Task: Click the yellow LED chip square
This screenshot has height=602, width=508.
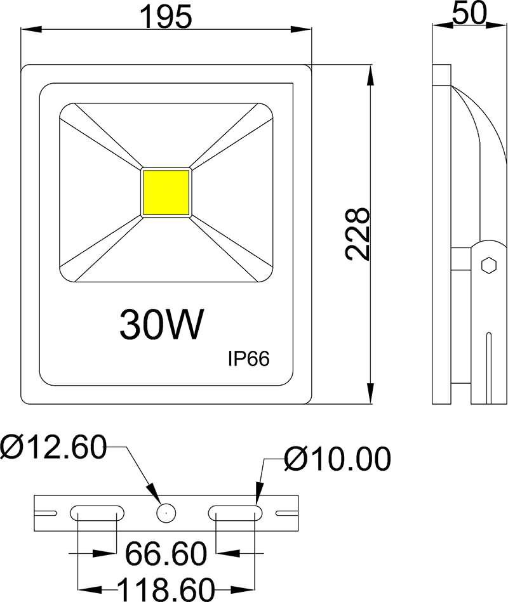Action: coord(166,193)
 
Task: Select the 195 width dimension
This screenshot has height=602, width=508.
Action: coord(166,16)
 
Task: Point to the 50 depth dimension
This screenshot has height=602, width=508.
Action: coord(470,13)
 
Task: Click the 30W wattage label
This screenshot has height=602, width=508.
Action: coord(162,324)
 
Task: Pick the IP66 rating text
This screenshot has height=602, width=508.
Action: coord(249,358)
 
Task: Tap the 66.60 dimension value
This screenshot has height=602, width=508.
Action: coord(166,554)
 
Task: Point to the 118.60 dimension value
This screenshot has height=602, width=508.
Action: coord(166,589)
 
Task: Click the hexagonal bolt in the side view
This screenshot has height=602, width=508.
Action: coord(488,264)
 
